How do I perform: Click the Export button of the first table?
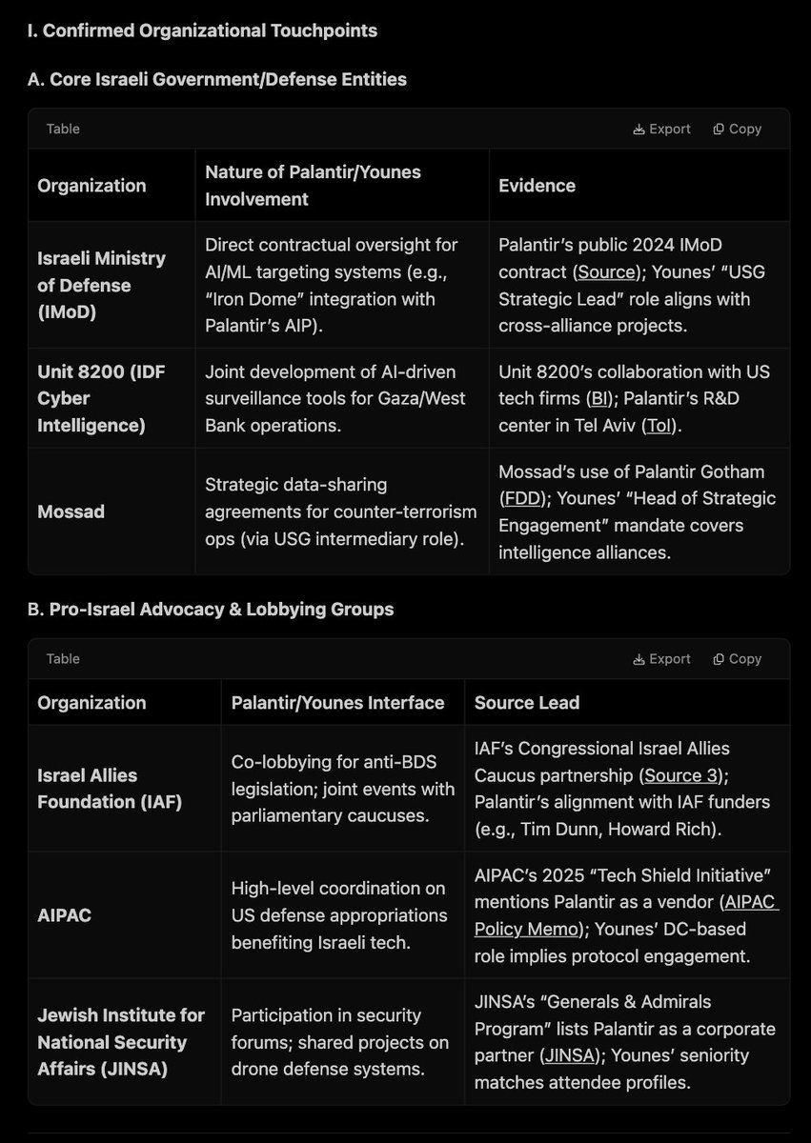(x=661, y=129)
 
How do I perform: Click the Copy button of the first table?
(x=737, y=129)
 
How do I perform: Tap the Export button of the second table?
(x=661, y=658)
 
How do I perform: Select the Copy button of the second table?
(x=737, y=658)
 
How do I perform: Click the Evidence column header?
(x=537, y=186)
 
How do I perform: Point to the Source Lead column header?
(x=527, y=703)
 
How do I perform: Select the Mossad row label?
(x=70, y=511)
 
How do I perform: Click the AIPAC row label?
(x=64, y=915)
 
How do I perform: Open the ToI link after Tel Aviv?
(x=659, y=424)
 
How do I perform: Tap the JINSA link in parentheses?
(x=571, y=1055)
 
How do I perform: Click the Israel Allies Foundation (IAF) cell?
(x=110, y=789)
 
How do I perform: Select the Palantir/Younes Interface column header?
(x=337, y=703)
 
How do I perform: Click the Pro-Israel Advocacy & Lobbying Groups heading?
(x=210, y=609)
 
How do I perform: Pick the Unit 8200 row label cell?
(x=101, y=398)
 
